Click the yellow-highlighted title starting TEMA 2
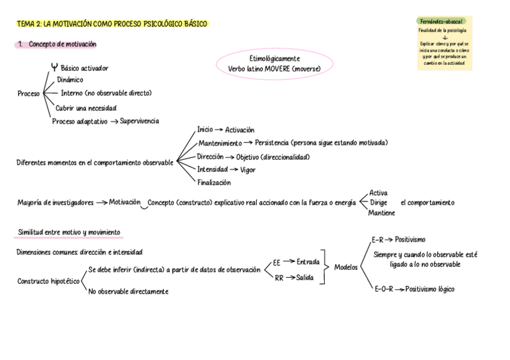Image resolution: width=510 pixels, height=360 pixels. pos(112,24)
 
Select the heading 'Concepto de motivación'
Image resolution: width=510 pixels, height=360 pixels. pos(63,44)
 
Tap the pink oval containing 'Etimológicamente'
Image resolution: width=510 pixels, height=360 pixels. pos(274,64)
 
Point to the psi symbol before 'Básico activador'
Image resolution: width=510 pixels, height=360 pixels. pos(55,67)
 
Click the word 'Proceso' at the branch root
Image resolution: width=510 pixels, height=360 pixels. pos(29,94)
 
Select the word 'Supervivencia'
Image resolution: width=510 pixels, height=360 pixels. pos(140,121)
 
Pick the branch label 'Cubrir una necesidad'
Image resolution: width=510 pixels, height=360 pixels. pos(86,108)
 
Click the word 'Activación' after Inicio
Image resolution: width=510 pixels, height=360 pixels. pos(240,130)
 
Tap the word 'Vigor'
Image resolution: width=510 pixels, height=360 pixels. pos(248,170)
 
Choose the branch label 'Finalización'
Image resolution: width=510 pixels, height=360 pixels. pos(214,183)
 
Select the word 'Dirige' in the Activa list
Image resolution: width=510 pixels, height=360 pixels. pos(378,203)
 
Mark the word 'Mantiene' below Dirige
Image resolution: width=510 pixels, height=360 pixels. pos(382,213)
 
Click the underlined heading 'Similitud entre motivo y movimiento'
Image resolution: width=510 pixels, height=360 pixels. pos(69,232)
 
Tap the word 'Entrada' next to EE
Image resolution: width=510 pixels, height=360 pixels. pos(309,261)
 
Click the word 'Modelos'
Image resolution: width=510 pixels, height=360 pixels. pos(346,267)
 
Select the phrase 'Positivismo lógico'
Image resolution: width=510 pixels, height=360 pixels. pos(430,289)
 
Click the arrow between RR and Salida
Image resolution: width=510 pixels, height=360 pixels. pos(290,278)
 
